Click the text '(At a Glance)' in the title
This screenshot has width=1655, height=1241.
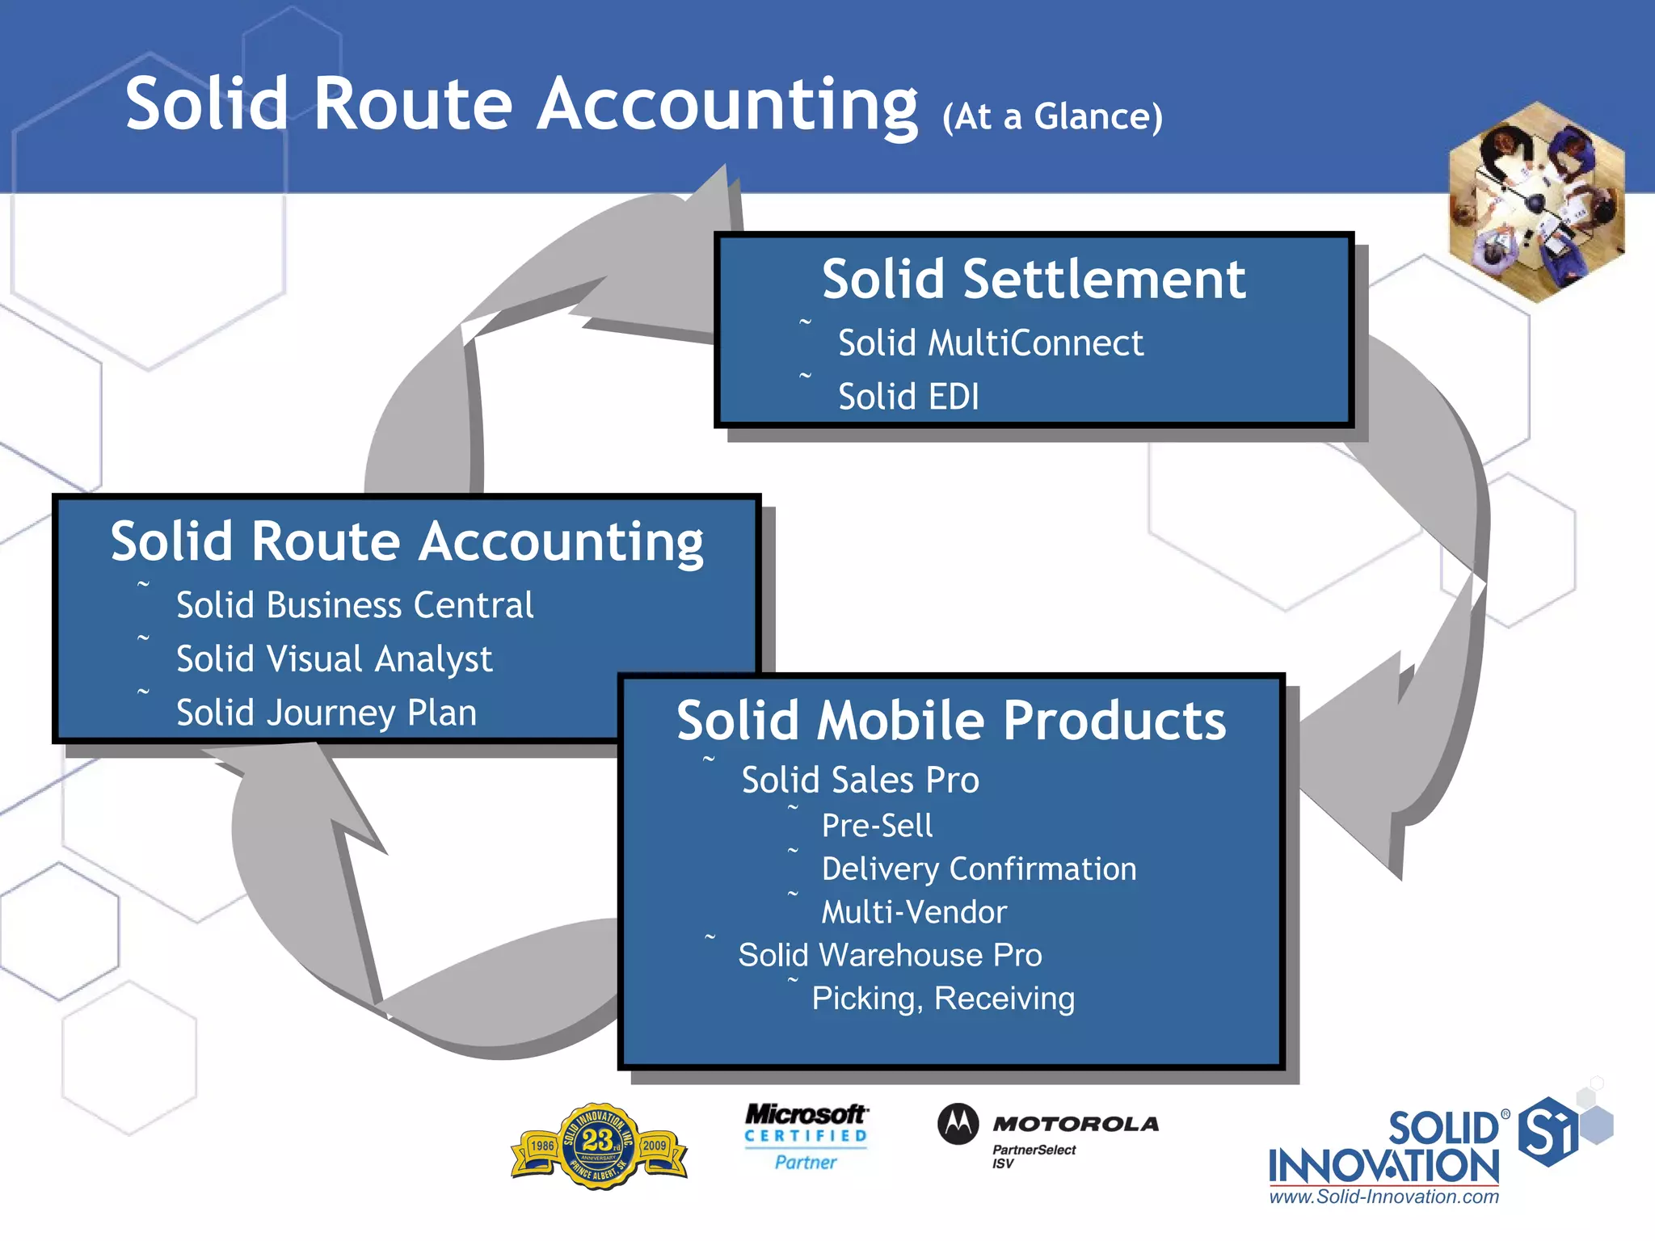tap(1052, 117)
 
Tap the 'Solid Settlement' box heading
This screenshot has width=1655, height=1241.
tap(1033, 280)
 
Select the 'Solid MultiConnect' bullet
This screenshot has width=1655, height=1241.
tap(990, 343)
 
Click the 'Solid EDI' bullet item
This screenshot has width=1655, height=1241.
tap(908, 397)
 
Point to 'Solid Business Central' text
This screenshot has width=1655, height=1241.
tap(355, 605)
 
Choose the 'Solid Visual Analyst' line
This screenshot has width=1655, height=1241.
tap(334, 659)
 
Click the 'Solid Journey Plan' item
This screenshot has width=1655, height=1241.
tap(326, 713)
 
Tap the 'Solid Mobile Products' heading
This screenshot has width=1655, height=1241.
tap(951, 720)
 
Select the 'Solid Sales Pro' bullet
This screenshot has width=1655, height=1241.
tap(860, 780)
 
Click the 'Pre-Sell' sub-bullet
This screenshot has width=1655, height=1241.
tap(877, 826)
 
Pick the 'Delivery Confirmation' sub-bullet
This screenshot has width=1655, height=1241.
tap(979, 869)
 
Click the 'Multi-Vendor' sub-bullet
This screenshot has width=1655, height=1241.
tap(914, 912)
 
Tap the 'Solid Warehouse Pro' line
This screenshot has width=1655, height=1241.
tap(890, 955)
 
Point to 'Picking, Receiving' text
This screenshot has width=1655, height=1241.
tap(943, 999)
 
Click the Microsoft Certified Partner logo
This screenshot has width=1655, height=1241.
tap(806, 1137)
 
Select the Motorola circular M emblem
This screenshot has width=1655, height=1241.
tap(958, 1124)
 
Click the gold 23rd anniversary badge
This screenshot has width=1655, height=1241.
tap(599, 1146)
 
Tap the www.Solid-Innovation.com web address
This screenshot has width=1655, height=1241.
tap(1383, 1197)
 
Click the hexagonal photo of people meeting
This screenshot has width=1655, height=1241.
tap(1536, 202)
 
